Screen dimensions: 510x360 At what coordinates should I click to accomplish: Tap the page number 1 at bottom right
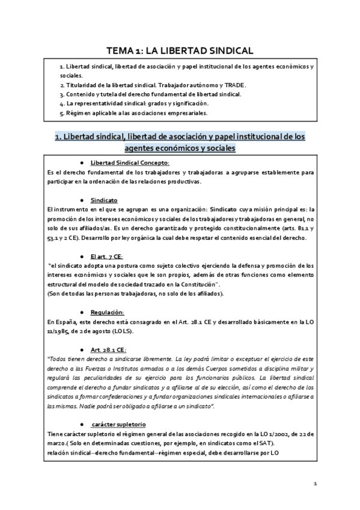coord(314,484)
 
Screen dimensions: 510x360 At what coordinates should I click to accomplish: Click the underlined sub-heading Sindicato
coord(104,200)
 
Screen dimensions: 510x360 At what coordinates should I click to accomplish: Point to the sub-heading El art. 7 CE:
coord(106,256)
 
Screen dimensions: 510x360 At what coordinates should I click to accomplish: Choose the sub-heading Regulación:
coord(108,312)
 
